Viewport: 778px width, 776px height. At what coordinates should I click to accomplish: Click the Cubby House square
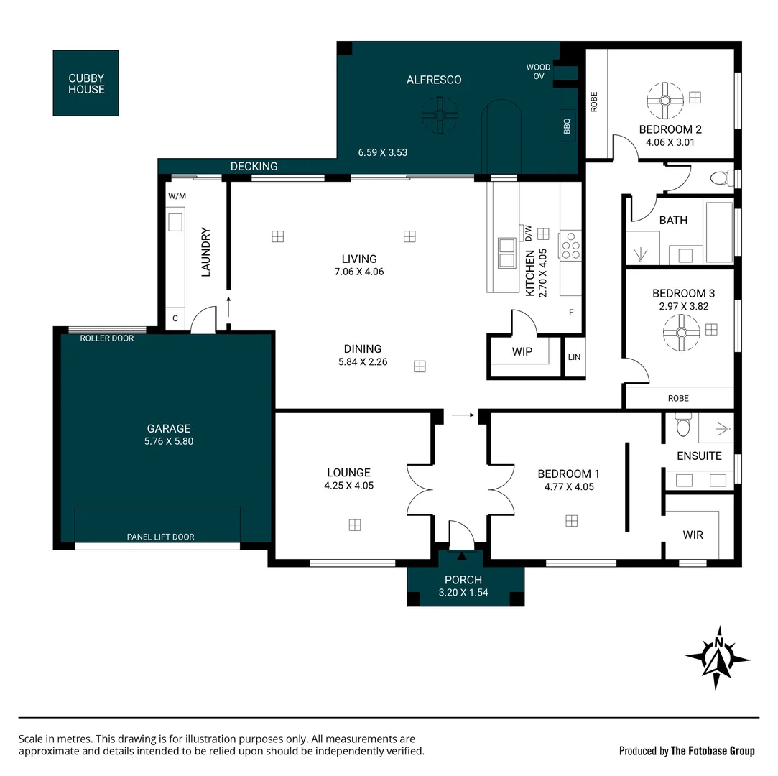click(x=86, y=83)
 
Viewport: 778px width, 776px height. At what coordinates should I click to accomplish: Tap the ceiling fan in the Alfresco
click(x=439, y=116)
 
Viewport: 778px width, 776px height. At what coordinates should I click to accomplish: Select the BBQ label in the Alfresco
click(x=567, y=126)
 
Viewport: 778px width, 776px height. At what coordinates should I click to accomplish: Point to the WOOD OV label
click(x=538, y=72)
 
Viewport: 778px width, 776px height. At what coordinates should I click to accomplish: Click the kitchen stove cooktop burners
click(x=571, y=245)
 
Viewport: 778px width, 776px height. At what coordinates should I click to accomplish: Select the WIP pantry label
click(x=522, y=352)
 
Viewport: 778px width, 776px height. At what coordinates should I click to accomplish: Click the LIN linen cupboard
click(x=574, y=357)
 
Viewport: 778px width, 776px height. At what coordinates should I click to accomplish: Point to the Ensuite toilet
click(x=682, y=427)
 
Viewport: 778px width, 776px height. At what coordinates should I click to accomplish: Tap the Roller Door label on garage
click(x=107, y=338)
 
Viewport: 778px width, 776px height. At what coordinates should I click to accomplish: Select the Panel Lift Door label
click(x=160, y=537)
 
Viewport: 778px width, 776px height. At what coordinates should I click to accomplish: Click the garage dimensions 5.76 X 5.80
click(x=169, y=441)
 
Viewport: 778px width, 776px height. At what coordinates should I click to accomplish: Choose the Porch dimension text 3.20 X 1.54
click(x=463, y=593)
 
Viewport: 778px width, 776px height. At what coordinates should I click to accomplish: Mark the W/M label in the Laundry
click(x=177, y=196)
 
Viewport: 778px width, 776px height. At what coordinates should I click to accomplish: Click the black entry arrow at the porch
click(x=462, y=556)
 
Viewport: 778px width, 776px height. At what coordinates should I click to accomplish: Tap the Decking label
click(x=254, y=167)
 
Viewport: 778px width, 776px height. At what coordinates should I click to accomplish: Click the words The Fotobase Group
click(x=713, y=751)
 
